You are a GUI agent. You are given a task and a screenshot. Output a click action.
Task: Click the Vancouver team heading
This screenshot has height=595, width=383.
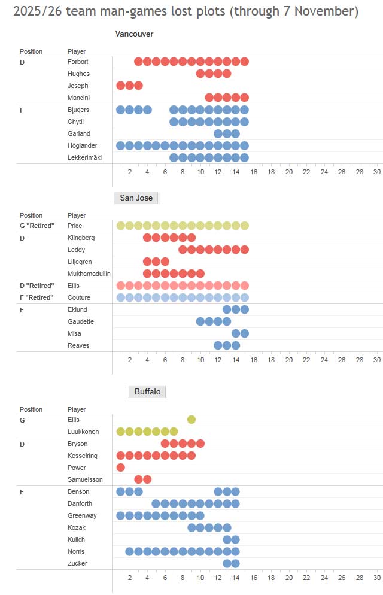pyautogui.click(x=134, y=34)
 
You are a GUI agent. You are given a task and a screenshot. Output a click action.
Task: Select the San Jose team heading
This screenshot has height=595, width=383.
pyautogui.click(x=136, y=198)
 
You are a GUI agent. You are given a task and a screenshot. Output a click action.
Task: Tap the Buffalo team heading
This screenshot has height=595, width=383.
pyautogui.click(x=147, y=391)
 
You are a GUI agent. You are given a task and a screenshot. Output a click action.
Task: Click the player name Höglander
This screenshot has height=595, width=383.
pyautogui.click(x=83, y=145)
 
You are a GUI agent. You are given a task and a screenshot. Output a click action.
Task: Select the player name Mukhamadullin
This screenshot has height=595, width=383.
pyautogui.click(x=89, y=274)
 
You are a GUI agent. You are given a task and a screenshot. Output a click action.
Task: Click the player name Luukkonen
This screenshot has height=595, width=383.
pyautogui.click(x=83, y=432)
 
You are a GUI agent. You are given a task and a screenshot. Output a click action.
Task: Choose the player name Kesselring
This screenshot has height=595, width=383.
pyautogui.click(x=83, y=456)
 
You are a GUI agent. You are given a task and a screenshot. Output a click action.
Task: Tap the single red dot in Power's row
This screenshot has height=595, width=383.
pyautogui.click(x=121, y=467)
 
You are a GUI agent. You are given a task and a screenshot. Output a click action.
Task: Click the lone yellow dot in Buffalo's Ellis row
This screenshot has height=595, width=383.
pyautogui.click(x=191, y=420)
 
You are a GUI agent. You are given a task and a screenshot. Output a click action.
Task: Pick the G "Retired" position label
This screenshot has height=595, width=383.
pyautogui.click(x=37, y=226)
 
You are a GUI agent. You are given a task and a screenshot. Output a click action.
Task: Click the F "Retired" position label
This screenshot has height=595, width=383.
pyautogui.click(x=37, y=297)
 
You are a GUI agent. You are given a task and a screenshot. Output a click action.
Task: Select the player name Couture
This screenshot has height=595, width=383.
pyautogui.click(x=79, y=297)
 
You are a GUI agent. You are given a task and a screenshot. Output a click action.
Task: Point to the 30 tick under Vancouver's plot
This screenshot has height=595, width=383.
pyautogui.click(x=377, y=172)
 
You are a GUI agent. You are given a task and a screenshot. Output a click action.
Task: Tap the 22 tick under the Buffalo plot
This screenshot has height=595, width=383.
pyautogui.click(x=306, y=578)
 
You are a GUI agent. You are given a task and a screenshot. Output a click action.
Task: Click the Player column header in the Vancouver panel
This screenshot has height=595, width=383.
pyautogui.click(x=77, y=51)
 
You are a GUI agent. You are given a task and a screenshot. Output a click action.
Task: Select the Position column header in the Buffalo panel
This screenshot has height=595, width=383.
pyautogui.click(x=31, y=409)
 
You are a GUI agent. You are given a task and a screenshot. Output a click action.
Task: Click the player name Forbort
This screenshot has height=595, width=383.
pyautogui.click(x=78, y=62)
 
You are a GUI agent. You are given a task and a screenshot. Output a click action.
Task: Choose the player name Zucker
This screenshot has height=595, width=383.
pyautogui.click(x=78, y=563)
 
